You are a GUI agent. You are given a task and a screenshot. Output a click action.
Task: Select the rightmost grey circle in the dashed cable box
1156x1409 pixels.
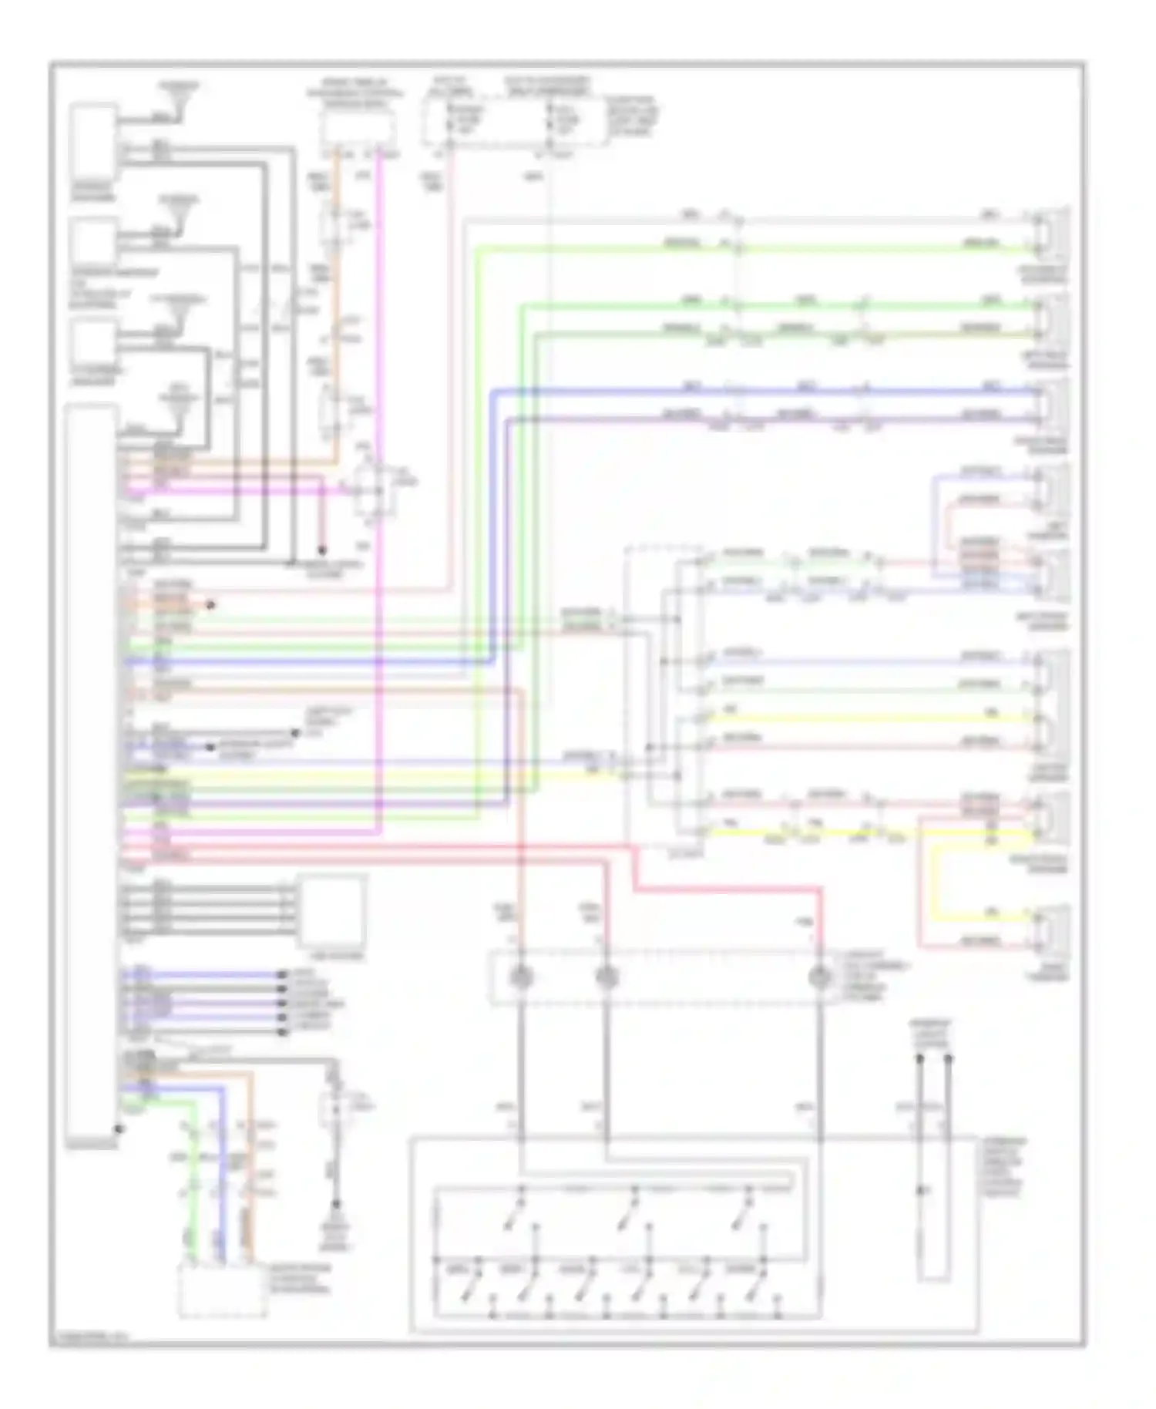(820, 978)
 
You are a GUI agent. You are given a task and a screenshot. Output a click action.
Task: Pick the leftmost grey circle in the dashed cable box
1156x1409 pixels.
(522, 978)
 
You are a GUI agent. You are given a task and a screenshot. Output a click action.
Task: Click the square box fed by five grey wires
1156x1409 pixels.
(332, 910)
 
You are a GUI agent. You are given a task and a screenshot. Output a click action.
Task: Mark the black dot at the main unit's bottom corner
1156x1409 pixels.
(118, 1129)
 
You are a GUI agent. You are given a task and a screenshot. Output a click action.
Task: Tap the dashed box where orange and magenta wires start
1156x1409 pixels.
(358, 128)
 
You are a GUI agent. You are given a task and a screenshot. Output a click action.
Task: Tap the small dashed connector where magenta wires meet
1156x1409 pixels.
(374, 490)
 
